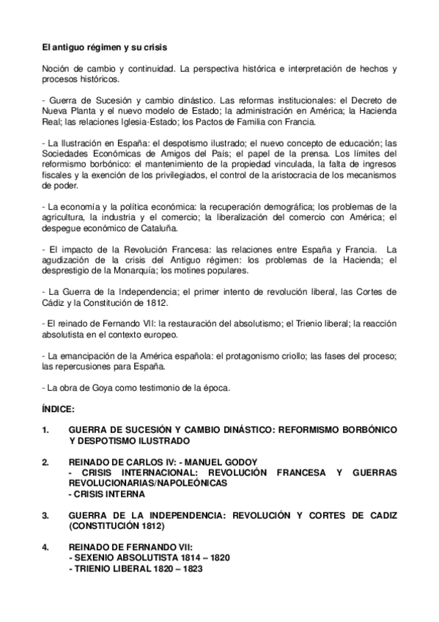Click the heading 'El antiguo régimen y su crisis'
(104, 48)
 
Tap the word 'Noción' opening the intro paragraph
(56, 69)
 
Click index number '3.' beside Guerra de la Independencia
(46, 516)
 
